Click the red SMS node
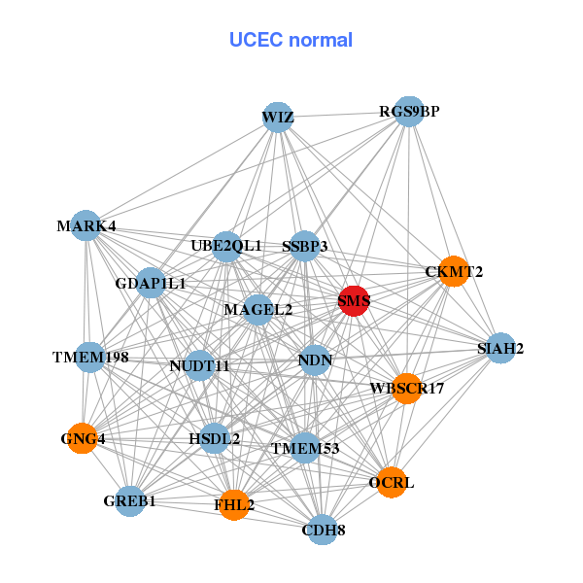(x=354, y=301)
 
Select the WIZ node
(x=277, y=118)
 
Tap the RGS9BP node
(x=409, y=112)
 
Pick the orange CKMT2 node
(x=453, y=271)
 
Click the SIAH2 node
(x=500, y=348)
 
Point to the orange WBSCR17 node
(x=407, y=389)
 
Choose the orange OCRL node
(x=392, y=482)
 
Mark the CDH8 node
(x=323, y=530)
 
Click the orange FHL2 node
(x=234, y=505)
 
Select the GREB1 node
(x=130, y=501)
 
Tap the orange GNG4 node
(x=83, y=438)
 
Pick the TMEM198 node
(x=90, y=358)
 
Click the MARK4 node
(x=86, y=225)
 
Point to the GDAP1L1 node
(x=151, y=283)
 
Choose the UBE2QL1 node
(x=226, y=247)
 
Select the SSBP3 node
(x=304, y=246)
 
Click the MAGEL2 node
(x=258, y=310)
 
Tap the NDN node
(x=315, y=360)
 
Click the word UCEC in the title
(x=257, y=40)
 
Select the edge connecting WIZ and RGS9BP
(x=343, y=115)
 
